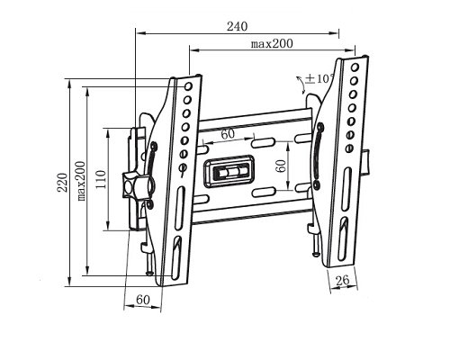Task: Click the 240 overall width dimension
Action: coord(238,27)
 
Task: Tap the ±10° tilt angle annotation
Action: coord(319,79)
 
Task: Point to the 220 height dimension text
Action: coord(61,184)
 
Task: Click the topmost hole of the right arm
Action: coord(354,68)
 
